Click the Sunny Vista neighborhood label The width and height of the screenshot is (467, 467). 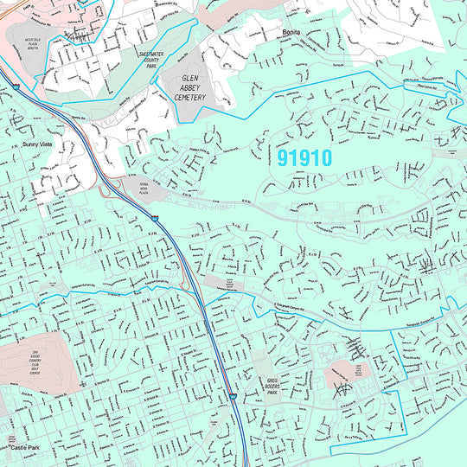coord(37,144)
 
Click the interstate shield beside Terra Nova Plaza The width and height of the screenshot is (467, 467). coord(155,220)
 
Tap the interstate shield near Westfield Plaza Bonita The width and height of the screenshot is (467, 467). coord(16,86)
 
